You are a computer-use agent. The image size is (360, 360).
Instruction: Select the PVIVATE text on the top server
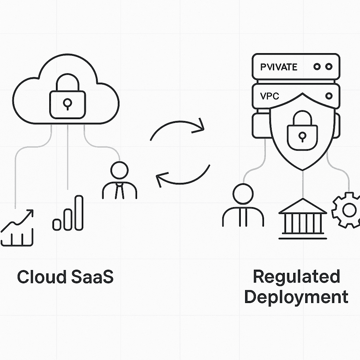coord(279,67)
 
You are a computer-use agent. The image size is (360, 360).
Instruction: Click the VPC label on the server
coord(270,96)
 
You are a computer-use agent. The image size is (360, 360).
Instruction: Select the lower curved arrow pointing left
coord(183,174)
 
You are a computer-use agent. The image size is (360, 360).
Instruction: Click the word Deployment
coord(296,297)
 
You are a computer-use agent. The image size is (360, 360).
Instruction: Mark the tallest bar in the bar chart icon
coord(79,213)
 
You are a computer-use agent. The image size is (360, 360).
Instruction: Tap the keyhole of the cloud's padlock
coord(67,103)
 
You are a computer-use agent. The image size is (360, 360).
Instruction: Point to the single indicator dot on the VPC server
coord(329,96)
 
